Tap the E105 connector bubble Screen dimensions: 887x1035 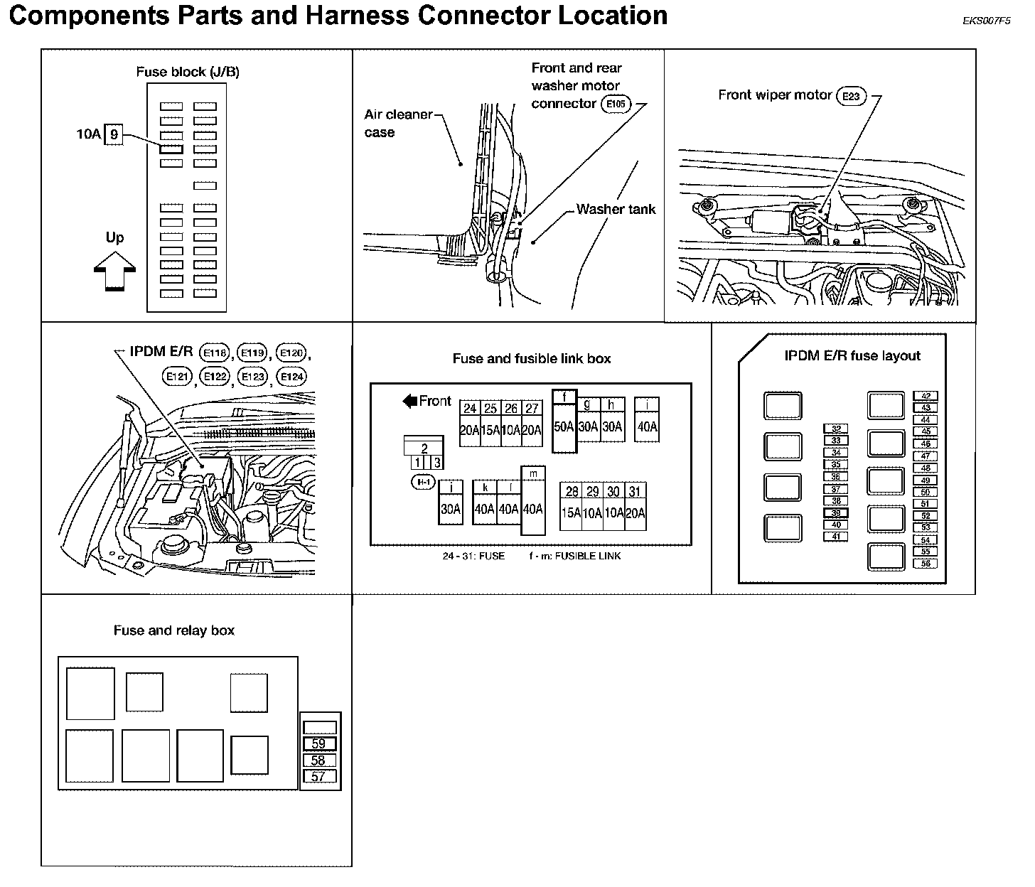(x=616, y=104)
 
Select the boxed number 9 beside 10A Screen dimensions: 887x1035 (x=114, y=134)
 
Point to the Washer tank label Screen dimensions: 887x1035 (x=616, y=209)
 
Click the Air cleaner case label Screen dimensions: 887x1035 (x=398, y=123)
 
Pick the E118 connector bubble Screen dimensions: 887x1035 (x=215, y=353)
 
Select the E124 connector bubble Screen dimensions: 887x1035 (x=291, y=377)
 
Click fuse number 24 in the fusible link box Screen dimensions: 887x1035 (x=470, y=409)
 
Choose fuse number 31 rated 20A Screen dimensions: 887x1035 (x=635, y=492)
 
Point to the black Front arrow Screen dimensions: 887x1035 (x=410, y=401)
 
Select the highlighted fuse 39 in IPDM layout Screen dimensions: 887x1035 (x=836, y=512)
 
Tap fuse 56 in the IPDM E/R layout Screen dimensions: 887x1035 (x=926, y=564)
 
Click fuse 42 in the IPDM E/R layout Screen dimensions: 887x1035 (x=926, y=396)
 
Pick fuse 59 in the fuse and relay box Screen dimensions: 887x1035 (x=318, y=744)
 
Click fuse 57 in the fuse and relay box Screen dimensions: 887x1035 (x=318, y=777)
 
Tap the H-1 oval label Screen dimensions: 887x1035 (x=424, y=483)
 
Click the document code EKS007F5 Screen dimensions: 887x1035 (x=986, y=21)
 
